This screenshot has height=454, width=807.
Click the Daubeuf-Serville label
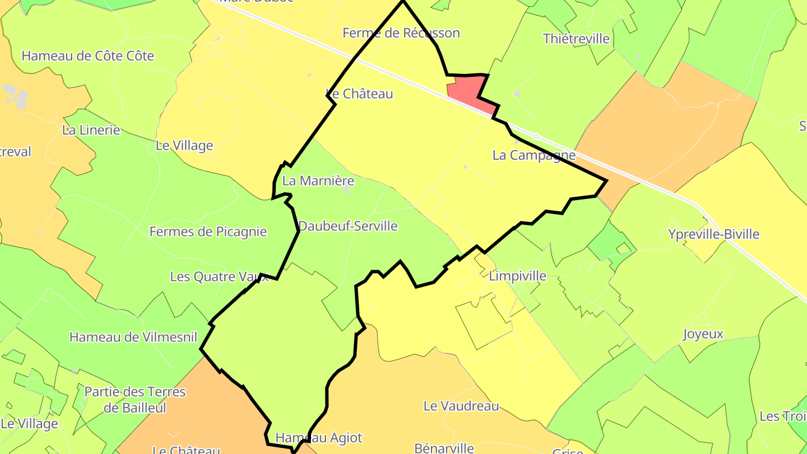pyautogui.click(x=347, y=226)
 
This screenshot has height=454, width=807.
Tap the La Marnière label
pyautogui.click(x=318, y=181)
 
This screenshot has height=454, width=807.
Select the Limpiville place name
pyautogui.click(x=517, y=276)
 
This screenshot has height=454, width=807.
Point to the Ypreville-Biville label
pyautogui.click(x=713, y=234)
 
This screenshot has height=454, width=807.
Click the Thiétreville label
pyautogui.click(x=576, y=39)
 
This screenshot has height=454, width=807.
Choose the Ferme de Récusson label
pyautogui.click(x=401, y=33)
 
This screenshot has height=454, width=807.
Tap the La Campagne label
pyautogui.click(x=534, y=155)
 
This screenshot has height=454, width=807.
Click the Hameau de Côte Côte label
pyautogui.click(x=87, y=56)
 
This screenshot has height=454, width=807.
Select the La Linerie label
pyautogui.click(x=91, y=130)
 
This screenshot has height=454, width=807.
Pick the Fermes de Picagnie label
pyautogui.click(x=208, y=231)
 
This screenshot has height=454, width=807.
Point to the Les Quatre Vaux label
pyautogui.click(x=219, y=276)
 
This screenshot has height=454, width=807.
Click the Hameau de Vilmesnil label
pyautogui.click(x=133, y=337)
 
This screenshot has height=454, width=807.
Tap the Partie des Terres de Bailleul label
pyautogui.click(x=134, y=399)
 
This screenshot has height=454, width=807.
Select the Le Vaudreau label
pyautogui.click(x=461, y=406)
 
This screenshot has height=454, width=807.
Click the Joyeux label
pyautogui.click(x=703, y=335)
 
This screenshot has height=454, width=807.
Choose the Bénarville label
pyautogui.click(x=444, y=448)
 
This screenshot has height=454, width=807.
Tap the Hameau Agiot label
pyautogui.click(x=319, y=438)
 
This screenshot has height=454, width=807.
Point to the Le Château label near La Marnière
pyautogui.click(x=359, y=94)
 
